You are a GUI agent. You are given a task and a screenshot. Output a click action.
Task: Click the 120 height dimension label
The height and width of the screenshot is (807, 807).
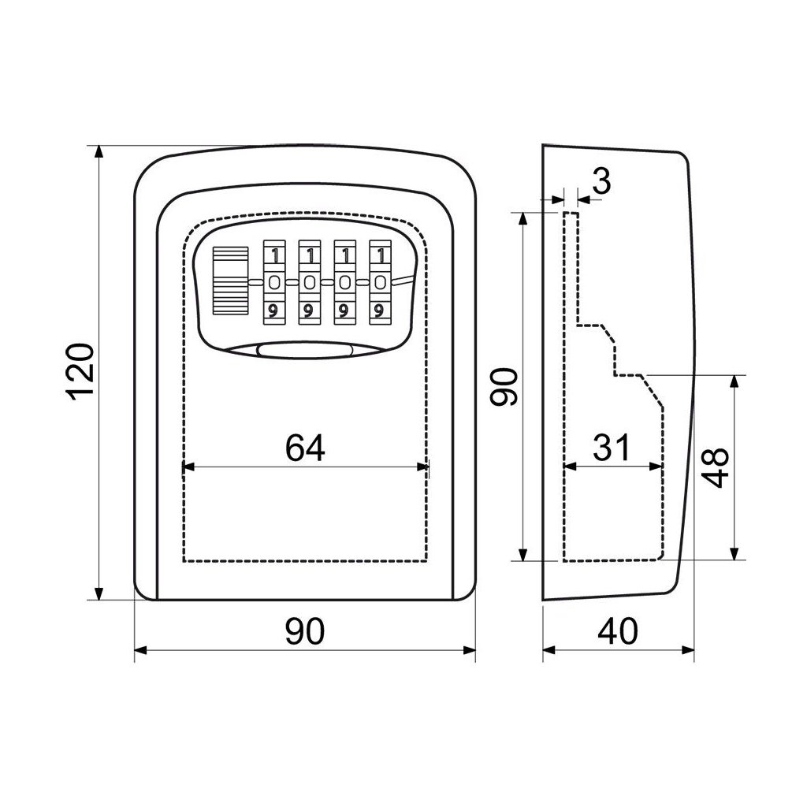click(x=81, y=372)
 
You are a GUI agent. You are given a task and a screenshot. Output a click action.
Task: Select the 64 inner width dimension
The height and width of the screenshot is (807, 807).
click(x=305, y=448)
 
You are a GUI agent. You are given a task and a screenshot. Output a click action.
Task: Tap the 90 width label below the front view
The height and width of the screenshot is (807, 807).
click(x=305, y=631)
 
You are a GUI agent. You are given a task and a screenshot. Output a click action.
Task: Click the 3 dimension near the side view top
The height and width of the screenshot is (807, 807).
click(x=601, y=182)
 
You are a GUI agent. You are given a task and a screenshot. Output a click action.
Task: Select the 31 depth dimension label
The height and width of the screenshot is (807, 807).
click(x=612, y=448)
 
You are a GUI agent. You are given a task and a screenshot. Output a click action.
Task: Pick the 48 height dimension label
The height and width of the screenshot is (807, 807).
click(x=715, y=468)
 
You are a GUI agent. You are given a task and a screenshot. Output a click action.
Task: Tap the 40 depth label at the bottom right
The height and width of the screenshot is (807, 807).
click(x=619, y=631)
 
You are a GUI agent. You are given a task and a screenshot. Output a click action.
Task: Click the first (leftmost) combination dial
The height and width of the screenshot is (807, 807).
click(x=273, y=282)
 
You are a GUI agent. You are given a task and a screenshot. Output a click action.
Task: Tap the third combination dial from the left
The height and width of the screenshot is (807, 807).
click(x=344, y=282)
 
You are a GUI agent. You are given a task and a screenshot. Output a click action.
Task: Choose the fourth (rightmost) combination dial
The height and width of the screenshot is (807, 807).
click(x=380, y=282)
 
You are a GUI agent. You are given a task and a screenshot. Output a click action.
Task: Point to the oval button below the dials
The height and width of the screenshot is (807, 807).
click(x=304, y=352)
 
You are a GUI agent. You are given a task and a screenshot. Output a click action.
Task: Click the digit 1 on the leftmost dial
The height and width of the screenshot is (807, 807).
click(x=273, y=255)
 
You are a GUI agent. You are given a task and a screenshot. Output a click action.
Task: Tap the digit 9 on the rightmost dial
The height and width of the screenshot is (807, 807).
click(x=380, y=310)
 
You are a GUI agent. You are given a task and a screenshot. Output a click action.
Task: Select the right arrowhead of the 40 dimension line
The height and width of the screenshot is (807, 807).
click(x=690, y=651)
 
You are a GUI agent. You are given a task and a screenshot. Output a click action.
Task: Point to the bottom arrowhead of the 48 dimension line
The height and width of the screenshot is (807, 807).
click(x=735, y=555)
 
